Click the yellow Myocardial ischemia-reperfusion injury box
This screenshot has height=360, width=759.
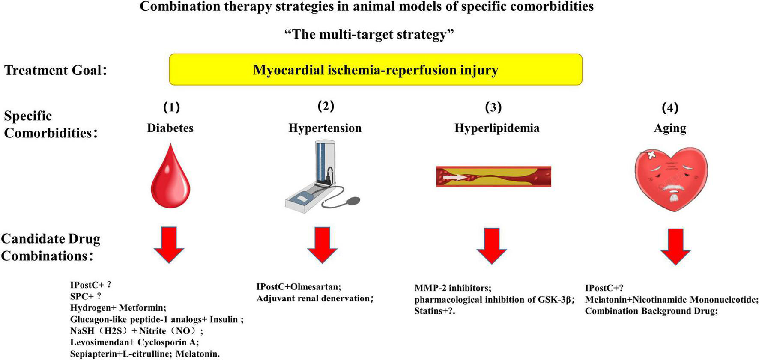click(x=375, y=69)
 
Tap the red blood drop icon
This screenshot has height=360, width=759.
click(x=170, y=176)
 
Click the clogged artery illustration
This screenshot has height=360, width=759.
click(x=493, y=176)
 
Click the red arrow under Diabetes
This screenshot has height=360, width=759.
click(x=169, y=244)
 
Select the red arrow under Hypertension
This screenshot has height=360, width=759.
click(x=322, y=244)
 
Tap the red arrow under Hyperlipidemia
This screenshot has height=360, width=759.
click(x=492, y=245)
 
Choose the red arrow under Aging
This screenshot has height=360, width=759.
click(x=675, y=246)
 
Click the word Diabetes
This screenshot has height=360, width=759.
click(x=170, y=128)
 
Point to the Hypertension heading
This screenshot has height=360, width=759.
click(x=325, y=128)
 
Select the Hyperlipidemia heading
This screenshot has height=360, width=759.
click(x=497, y=128)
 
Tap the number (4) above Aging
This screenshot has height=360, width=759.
click(x=670, y=108)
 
